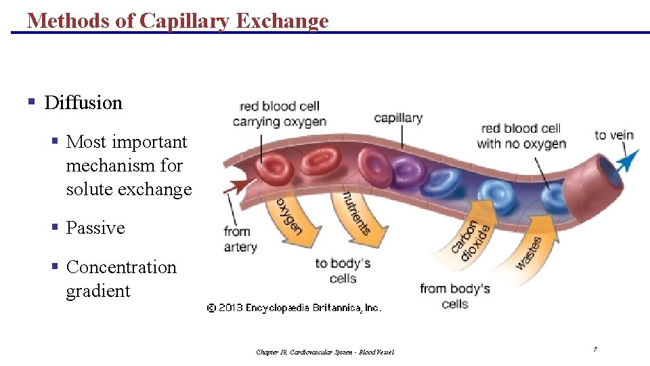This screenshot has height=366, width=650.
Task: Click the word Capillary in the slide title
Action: pyautogui.click(x=183, y=20)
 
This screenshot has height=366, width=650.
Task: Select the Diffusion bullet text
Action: pyautogui.click(x=83, y=103)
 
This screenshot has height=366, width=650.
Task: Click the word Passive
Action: pyautogui.click(x=95, y=228)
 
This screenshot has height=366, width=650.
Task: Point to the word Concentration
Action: pyautogui.click(x=121, y=267)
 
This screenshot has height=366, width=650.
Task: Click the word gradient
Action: pyautogui.click(x=97, y=291)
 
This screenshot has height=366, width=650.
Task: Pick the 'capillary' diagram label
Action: pyautogui.click(x=398, y=118)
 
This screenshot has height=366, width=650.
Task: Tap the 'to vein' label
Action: pyautogui.click(x=614, y=135)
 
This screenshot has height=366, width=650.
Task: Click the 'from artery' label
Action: pyautogui.click(x=240, y=239)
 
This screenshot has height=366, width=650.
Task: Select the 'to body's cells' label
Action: pyautogui.click(x=343, y=270)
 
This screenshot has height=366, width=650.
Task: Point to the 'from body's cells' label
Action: pyautogui.click(x=454, y=296)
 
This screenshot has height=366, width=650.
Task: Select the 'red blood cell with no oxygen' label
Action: pyautogui.click(x=521, y=136)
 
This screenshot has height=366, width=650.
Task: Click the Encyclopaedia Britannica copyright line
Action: pyautogui.click(x=294, y=308)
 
